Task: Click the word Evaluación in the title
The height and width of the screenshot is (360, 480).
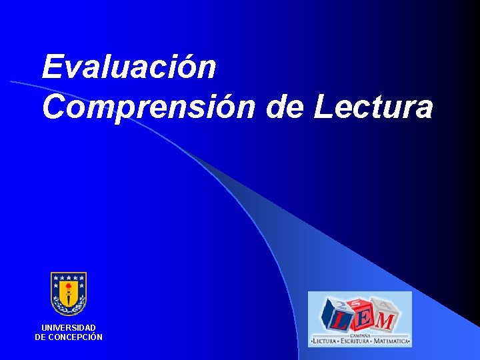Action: pyautogui.click(x=129, y=67)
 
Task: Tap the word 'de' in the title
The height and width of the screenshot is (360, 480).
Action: pyautogui.click(x=284, y=107)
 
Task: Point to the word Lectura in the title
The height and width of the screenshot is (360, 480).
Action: pyautogui.click(x=373, y=107)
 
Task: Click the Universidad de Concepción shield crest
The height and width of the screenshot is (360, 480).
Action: pyautogui.click(x=69, y=293)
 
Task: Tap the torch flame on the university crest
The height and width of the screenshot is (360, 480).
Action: pyautogui.click(x=69, y=285)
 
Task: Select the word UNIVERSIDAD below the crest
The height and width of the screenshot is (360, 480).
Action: pyautogui.click(x=69, y=328)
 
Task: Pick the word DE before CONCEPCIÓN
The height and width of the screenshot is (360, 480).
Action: pyautogui.click(x=41, y=337)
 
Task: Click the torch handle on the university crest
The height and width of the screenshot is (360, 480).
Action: pyautogui.click(x=69, y=297)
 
